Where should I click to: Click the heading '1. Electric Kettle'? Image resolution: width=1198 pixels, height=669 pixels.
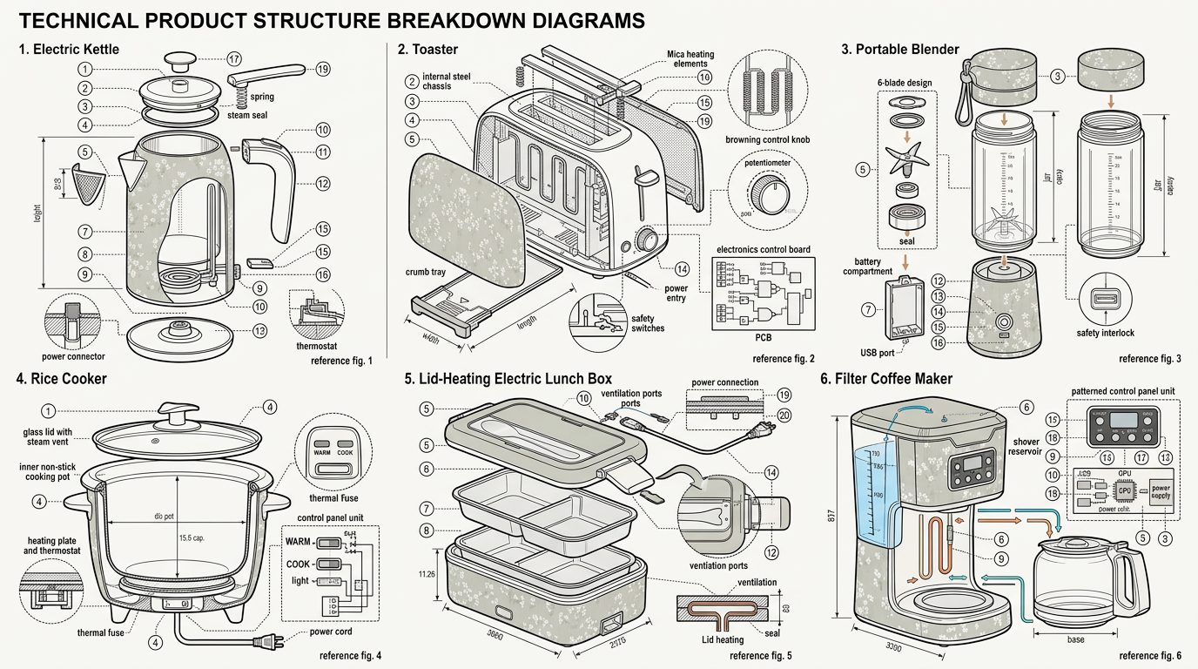point(69,50)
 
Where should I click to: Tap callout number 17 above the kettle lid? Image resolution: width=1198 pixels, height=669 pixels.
point(233,59)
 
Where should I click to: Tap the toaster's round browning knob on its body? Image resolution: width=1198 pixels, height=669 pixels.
point(647,240)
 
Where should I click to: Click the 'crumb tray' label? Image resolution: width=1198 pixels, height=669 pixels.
point(425,273)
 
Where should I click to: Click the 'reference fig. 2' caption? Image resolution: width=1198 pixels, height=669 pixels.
point(783,359)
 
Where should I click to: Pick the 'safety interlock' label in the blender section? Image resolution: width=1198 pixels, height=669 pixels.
point(1104,333)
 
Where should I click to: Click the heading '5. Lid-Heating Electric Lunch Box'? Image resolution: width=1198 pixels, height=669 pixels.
point(508,379)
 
